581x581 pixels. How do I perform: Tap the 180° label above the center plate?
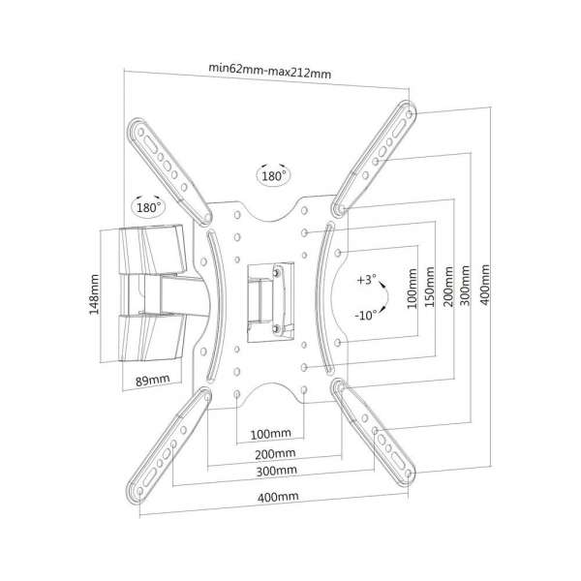(x=271, y=176)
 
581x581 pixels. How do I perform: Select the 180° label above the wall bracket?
(x=147, y=207)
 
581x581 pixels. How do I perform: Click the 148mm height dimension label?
(x=95, y=294)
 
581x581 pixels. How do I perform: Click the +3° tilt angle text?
(x=365, y=279)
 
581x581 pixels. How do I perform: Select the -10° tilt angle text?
(x=365, y=316)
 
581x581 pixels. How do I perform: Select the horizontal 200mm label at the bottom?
(x=270, y=453)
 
